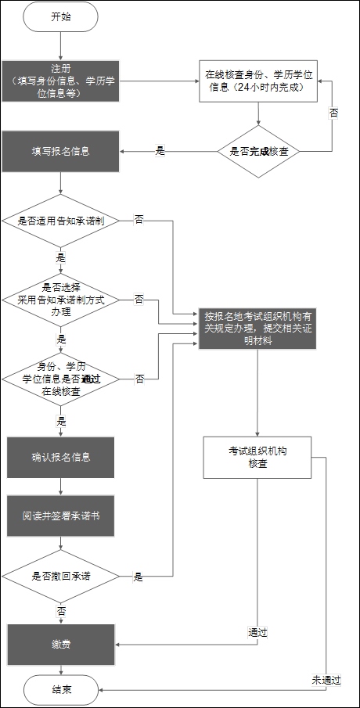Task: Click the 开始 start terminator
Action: (60, 16)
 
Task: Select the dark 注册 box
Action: (60, 81)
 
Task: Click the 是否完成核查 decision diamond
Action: (258, 152)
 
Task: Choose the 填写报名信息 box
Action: (60, 151)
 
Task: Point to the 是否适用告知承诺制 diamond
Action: (60, 221)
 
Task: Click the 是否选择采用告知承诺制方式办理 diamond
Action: (60, 300)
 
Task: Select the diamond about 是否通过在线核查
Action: (60, 379)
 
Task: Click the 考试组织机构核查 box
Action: (257, 458)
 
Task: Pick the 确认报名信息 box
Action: (60, 458)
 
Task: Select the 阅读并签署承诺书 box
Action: (60, 517)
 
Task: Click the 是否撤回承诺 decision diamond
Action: (60, 577)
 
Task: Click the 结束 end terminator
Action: (60, 690)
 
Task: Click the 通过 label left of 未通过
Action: (257, 631)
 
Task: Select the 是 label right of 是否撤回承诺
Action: (138, 577)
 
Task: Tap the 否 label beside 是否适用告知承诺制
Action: (139, 221)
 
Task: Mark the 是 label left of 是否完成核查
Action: (160, 151)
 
